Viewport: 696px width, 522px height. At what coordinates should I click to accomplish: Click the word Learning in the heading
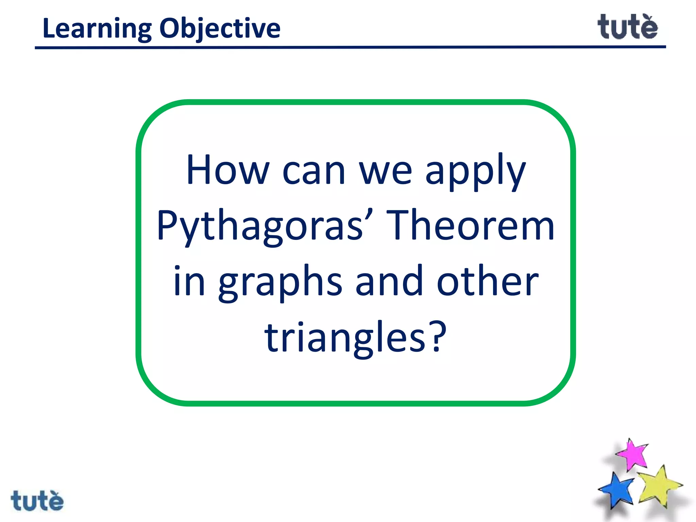(x=97, y=29)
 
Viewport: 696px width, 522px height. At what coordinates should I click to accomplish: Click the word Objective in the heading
(x=220, y=29)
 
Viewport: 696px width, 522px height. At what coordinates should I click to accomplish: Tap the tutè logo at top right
(x=627, y=27)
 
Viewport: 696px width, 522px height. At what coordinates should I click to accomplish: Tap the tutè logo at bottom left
(x=37, y=500)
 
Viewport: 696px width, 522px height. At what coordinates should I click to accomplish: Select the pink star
(x=632, y=455)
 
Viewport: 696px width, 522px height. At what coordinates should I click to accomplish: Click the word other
(x=487, y=281)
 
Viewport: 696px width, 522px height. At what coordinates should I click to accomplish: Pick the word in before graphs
(x=189, y=281)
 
